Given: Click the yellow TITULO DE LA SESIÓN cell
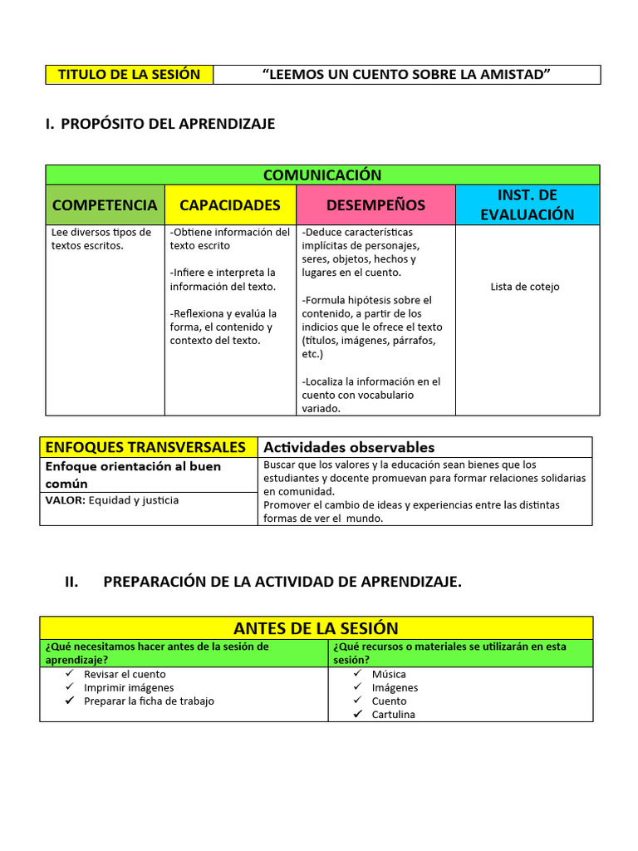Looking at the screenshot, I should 129,75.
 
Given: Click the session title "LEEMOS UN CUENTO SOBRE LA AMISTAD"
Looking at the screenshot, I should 406,75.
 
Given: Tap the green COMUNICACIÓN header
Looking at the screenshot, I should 322,175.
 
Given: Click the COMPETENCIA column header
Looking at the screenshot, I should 105,204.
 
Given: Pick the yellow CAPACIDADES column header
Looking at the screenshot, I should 230,204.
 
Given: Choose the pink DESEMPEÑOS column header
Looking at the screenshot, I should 375,204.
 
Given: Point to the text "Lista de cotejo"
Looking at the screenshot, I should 525,287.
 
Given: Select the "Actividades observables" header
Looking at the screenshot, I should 349,447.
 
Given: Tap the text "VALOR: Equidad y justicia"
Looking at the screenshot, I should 111,500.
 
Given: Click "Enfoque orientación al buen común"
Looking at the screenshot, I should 133,475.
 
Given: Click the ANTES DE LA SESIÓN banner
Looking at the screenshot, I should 316,627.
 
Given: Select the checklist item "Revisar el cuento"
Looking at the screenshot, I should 125,674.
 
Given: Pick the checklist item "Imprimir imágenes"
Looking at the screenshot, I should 129,687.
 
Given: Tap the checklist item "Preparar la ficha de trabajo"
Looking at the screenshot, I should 149,701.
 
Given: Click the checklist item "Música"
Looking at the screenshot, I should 389,674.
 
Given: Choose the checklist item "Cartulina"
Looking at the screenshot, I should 393,715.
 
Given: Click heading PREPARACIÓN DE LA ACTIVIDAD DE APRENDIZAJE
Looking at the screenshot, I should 282,582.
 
